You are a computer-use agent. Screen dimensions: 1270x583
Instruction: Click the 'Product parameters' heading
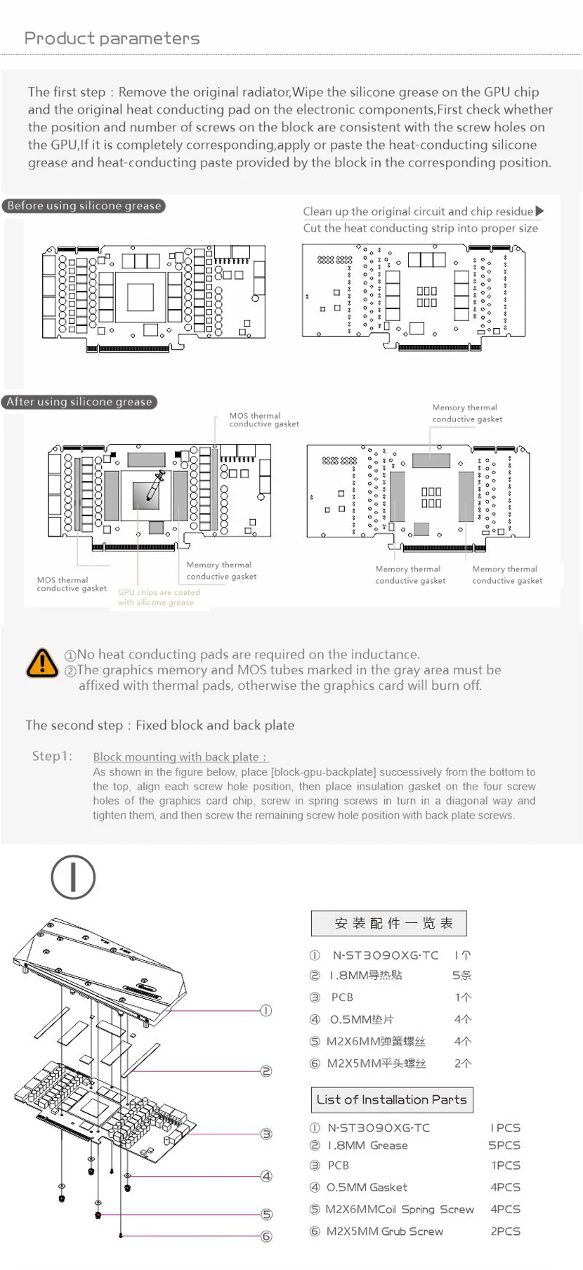(112, 39)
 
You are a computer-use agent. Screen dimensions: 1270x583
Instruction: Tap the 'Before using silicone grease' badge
(84, 206)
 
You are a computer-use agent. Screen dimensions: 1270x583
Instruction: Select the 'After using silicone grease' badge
(79, 402)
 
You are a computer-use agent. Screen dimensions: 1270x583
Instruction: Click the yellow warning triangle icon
(42, 662)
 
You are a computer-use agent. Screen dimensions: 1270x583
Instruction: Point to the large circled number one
(73, 877)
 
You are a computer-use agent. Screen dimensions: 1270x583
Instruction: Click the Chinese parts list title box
(388, 923)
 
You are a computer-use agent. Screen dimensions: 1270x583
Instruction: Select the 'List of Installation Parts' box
(391, 1099)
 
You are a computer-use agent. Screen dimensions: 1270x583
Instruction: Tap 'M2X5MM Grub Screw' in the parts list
(384, 1231)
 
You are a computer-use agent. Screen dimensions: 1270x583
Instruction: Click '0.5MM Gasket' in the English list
(368, 1187)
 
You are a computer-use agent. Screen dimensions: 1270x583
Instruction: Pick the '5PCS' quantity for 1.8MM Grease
(504, 1145)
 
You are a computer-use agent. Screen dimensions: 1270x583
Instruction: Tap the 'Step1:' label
(52, 756)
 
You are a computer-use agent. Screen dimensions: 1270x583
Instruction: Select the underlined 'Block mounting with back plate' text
(180, 757)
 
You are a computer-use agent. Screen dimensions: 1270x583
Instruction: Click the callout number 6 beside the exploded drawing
(266, 1236)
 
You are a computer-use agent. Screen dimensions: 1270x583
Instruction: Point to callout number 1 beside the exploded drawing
(266, 1010)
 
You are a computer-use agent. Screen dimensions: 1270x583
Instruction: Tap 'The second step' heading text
(159, 725)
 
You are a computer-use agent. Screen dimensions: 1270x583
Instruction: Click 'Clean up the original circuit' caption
(418, 211)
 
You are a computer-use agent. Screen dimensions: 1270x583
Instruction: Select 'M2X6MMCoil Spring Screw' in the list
(399, 1209)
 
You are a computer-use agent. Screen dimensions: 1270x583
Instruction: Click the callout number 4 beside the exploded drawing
(266, 1176)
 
